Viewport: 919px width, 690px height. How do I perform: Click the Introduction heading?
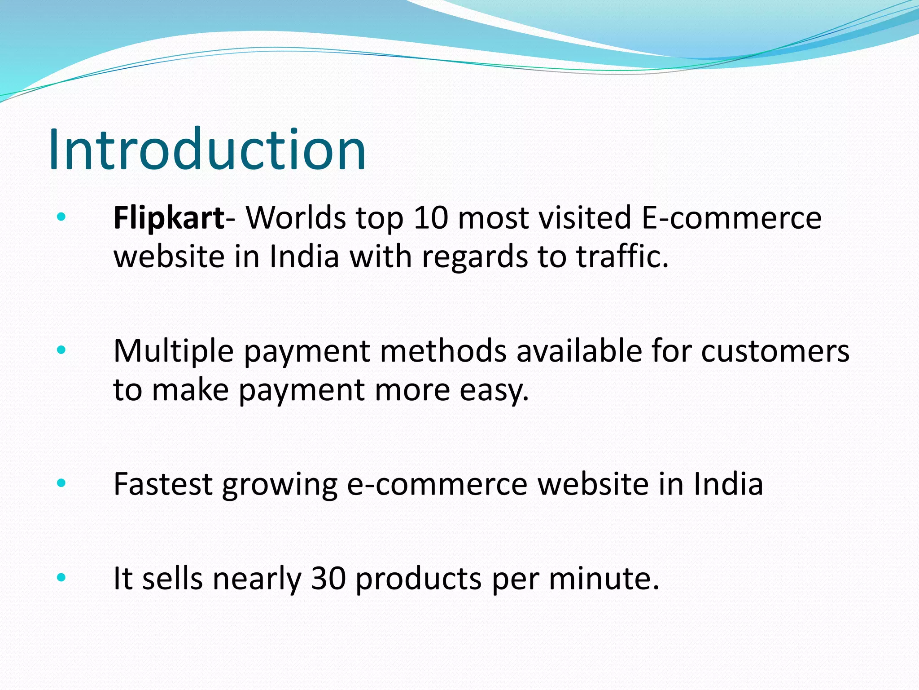[x=207, y=149]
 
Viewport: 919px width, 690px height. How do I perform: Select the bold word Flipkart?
[x=169, y=218]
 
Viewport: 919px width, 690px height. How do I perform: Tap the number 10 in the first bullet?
[x=431, y=218]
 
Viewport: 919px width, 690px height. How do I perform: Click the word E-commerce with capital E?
[x=731, y=218]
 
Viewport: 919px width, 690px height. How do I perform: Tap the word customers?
[x=775, y=351]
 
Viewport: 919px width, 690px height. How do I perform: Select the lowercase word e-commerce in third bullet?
[x=438, y=484]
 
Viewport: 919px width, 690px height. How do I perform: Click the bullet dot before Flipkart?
[x=61, y=218]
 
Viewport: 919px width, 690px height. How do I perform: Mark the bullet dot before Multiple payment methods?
[x=61, y=350]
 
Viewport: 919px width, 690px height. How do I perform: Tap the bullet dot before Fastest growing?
[x=61, y=483]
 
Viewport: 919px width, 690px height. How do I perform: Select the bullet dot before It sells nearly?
[x=61, y=578]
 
